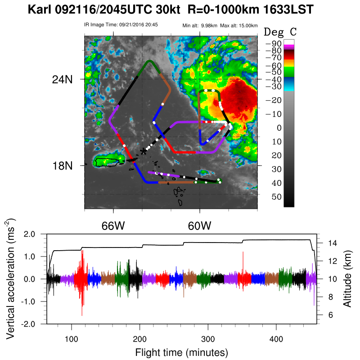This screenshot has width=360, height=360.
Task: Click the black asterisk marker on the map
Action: (144, 151)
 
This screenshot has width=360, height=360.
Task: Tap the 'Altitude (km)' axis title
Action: (347, 279)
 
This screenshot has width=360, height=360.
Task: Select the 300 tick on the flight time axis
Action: (208, 338)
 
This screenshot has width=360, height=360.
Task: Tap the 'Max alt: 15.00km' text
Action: (239, 25)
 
